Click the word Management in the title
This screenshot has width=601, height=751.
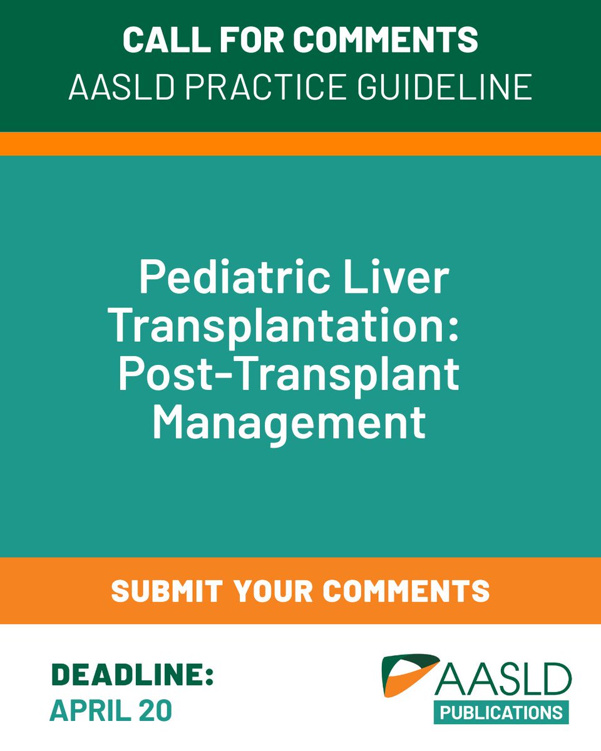point(289,423)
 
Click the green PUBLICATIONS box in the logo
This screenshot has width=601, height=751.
point(501,712)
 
